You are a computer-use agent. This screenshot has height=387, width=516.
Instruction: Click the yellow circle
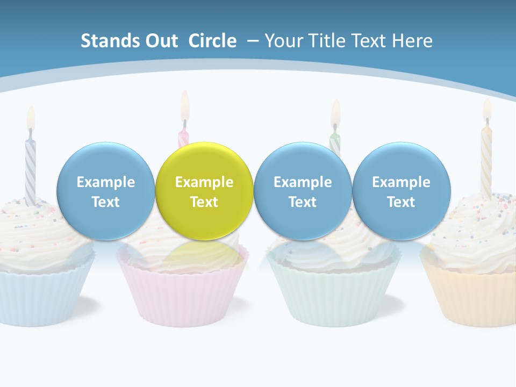(204, 191)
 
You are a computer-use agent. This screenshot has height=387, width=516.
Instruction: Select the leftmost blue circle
(105, 191)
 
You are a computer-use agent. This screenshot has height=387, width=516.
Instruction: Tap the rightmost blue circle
(401, 191)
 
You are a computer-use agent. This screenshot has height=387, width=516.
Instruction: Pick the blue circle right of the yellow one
(303, 191)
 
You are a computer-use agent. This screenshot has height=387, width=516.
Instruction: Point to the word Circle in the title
(212, 41)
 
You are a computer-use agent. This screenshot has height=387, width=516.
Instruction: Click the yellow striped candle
(486, 161)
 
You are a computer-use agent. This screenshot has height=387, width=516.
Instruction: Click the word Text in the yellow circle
(204, 202)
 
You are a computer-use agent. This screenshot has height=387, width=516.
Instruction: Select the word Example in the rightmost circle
(401, 182)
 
